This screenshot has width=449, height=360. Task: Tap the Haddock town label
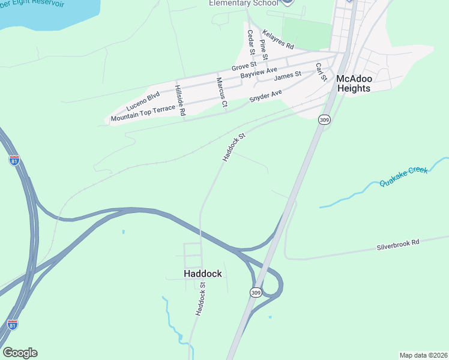point(202,274)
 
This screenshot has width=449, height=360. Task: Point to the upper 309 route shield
point(324,120)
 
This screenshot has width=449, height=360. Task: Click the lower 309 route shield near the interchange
point(255,292)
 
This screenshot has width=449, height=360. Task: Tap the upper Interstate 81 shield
point(14,160)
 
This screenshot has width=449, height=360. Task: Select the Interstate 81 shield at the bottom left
point(13,324)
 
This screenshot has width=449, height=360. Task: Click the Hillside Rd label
point(180,100)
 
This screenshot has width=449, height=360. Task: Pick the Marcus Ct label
point(221,92)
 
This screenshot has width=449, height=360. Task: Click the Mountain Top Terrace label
point(143,112)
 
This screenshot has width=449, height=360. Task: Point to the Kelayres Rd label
point(278,40)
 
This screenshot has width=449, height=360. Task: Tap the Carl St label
point(321,71)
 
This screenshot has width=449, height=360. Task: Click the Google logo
point(20,353)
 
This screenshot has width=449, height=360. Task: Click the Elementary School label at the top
point(244,3)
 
